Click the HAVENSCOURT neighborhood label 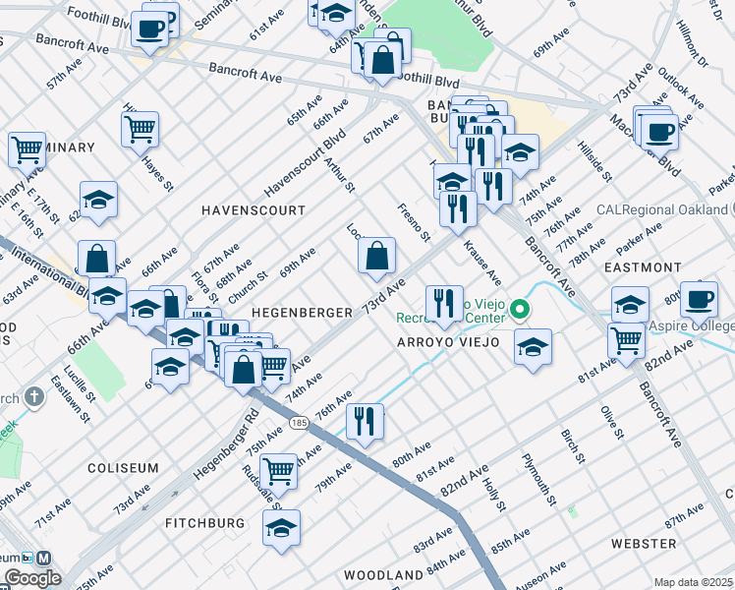tap(252, 210)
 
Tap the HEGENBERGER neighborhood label tap(302, 312)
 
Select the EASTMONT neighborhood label tap(643, 267)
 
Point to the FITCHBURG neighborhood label tap(204, 523)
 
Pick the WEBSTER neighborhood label tap(644, 543)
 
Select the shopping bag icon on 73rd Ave tap(376, 259)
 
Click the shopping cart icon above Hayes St tap(141, 128)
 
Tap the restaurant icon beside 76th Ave tap(365, 422)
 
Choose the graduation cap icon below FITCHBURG tap(282, 528)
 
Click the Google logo tap(32, 578)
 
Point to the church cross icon tap(34, 397)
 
